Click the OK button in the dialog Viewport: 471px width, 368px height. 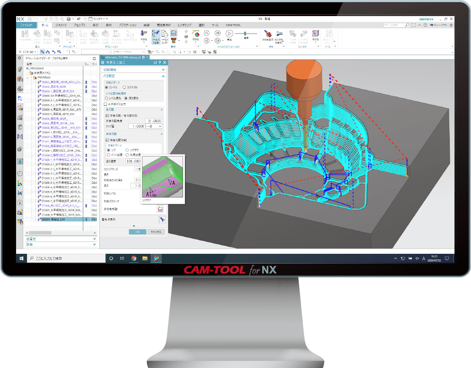coord(138,232)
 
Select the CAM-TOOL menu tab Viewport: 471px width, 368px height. coord(233,25)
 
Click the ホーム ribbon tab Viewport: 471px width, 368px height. coord(45,25)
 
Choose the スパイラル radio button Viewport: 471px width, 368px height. coord(125,87)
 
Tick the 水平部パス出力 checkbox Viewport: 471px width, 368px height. coord(105,104)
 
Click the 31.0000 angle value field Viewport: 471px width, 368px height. coord(153,121)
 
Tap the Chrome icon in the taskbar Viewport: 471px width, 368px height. coord(134,258)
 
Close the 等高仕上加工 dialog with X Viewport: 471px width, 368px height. coord(165,63)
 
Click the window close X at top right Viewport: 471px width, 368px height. coord(452,19)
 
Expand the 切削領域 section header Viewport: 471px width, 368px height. coord(133,70)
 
